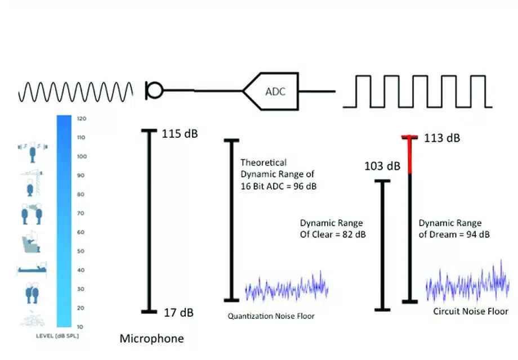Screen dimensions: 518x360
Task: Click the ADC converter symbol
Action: tap(271, 91)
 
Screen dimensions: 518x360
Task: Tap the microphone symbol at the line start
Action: tap(154, 91)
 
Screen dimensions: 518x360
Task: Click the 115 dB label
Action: tap(180, 134)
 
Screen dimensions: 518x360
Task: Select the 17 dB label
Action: tap(178, 313)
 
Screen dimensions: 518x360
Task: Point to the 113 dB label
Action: tap(442, 138)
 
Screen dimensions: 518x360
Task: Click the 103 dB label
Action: tap(382, 166)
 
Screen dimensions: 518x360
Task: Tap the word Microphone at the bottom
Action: tap(151, 339)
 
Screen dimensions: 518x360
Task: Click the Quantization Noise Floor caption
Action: tap(271, 316)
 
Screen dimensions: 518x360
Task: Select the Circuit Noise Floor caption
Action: tap(471, 311)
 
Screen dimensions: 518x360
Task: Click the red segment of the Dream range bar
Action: tap(410, 155)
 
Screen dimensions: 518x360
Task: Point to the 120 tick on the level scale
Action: tap(82, 119)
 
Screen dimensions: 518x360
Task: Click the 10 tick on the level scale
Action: tap(80, 327)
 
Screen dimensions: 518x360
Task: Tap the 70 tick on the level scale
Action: tap(81, 213)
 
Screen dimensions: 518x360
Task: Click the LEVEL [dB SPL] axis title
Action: tap(57, 336)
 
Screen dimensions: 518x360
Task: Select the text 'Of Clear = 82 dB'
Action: tap(333, 235)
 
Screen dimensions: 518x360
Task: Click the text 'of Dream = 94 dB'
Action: tap(454, 235)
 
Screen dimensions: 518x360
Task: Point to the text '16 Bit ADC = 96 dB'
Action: tap(279, 186)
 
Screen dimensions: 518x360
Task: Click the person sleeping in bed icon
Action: tap(32, 268)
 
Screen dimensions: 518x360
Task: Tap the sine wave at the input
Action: tap(75, 92)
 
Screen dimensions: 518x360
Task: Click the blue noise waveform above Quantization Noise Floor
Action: tap(287, 286)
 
